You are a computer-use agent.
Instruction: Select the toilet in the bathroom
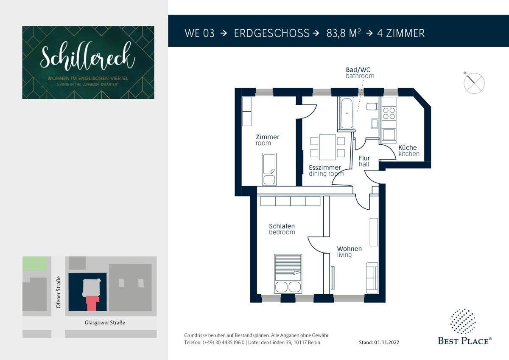point(372,106)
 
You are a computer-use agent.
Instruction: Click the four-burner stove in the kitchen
point(389,113)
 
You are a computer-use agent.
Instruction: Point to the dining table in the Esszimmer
point(327,147)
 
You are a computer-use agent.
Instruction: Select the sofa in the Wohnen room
point(372,278)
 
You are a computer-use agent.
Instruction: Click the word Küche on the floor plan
point(408,147)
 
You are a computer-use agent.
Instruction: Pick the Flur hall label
point(364,161)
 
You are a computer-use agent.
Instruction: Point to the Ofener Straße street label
point(59,292)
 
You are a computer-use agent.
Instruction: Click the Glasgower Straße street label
point(105,323)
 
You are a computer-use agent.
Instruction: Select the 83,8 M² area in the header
point(343,33)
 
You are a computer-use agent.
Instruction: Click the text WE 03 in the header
point(199,33)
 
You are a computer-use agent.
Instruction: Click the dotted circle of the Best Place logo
point(463,321)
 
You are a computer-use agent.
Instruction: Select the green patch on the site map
point(35,264)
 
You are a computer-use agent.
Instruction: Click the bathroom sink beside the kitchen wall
point(375,124)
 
